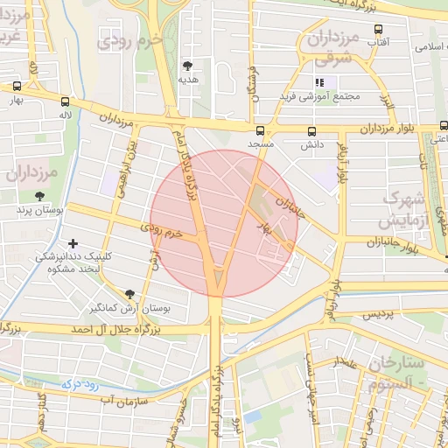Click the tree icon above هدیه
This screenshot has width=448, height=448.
click(x=188, y=65)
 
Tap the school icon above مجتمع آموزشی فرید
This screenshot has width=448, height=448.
click(x=319, y=83)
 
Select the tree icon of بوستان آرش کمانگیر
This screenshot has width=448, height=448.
click(x=129, y=294)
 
